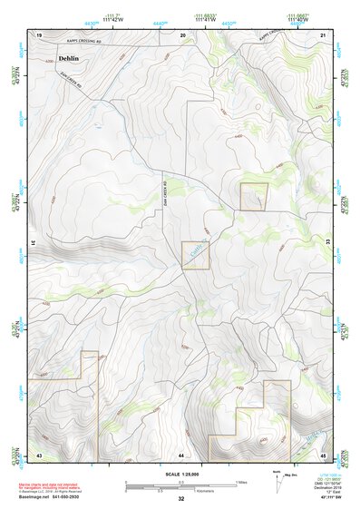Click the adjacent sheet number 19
(x=39, y=34)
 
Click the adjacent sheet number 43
(x=39, y=454)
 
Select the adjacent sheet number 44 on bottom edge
(x=181, y=454)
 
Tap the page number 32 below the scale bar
(x=181, y=499)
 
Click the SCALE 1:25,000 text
(x=181, y=475)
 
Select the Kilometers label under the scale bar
(x=181, y=490)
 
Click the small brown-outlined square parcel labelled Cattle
(x=196, y=255)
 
